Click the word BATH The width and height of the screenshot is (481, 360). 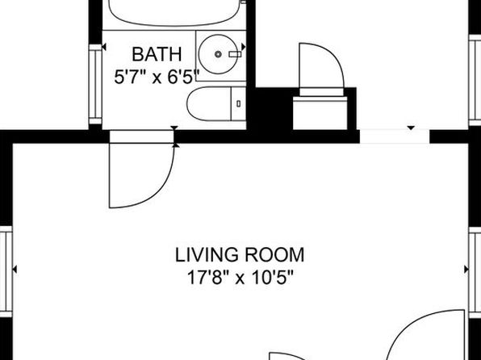tap(157, 54)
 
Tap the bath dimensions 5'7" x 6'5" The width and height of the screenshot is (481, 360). tap(157, 77)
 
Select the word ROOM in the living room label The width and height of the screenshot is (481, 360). tap(274, 255)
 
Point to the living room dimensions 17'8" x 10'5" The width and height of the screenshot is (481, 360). tap(240, 278)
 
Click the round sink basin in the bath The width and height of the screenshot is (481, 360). tap(218, 54)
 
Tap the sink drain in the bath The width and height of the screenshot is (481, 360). tap(218, 54)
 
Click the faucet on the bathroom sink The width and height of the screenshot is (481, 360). tap(235, 54)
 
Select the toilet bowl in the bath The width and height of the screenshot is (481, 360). tap(209, 104)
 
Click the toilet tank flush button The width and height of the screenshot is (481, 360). tap(239, 104)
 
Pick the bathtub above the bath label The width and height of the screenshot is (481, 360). tap(174, 13)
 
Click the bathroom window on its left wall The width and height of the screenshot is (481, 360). tap(95, 84)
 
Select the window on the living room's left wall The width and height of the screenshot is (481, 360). tap(6, 271)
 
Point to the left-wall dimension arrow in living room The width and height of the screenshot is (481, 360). tap(15, 270)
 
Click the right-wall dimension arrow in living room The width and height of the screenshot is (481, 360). tap(466, 270)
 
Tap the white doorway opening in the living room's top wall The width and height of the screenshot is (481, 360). tap(395, 136)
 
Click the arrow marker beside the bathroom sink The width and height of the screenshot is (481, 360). tap(244, 47)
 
